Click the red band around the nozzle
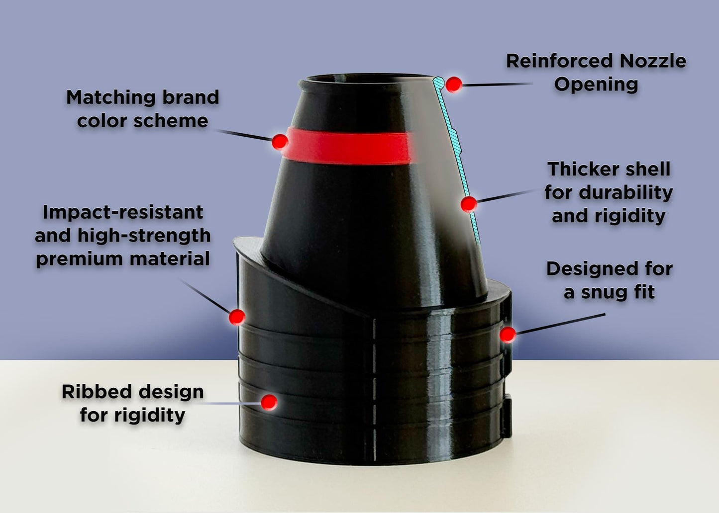(x=348, y=146)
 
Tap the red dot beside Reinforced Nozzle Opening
(x=454, y=85)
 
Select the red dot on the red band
(x=280, y=141)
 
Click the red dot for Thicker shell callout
(x=469, y=204)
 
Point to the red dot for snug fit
(x=508, y=335)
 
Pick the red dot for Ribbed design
(x=269, y=402)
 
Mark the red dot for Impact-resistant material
(x=237, y=317)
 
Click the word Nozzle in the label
(x=653, y=61)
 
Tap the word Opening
(x=596, y=85)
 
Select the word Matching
(x=111, y=97)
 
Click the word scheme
(x=171, y=121)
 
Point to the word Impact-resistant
(x=123, y=212)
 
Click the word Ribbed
(x=97, y=392)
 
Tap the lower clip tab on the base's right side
(x=507, y=417)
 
